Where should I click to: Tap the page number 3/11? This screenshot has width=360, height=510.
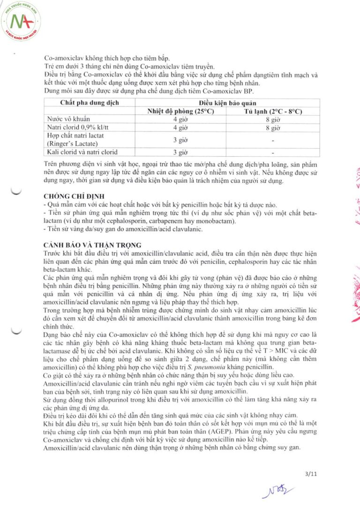click(311, 474)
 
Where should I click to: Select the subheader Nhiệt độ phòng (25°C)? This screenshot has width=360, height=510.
click(181, 111)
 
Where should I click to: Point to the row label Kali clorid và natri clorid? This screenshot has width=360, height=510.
click(80, 152)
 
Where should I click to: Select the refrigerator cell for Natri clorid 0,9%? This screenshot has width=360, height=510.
click(273, 127)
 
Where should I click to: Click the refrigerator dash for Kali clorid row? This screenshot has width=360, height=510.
click(273, 152)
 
